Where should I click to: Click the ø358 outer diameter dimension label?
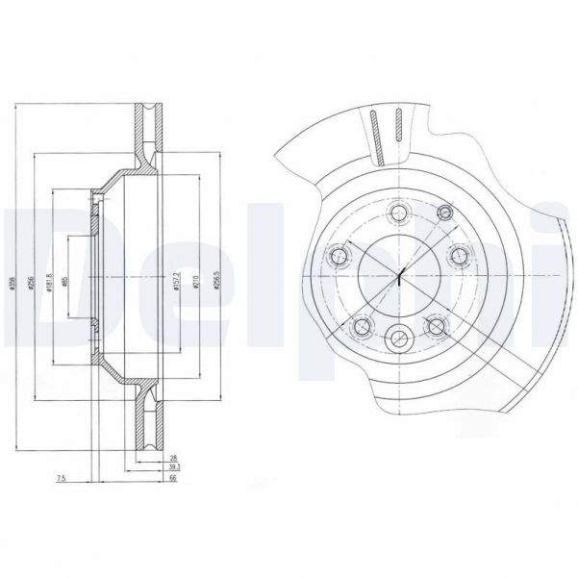13,278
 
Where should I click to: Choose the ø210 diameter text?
195,280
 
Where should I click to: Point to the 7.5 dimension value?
61,478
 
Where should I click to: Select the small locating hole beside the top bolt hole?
443,212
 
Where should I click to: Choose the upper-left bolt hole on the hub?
339,255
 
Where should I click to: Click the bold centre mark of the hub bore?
399,277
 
